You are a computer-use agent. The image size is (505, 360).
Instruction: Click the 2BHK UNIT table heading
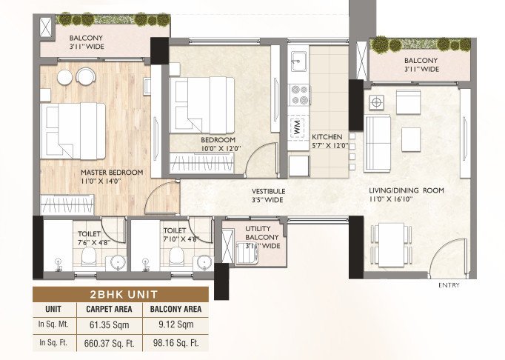[x=121, y=293]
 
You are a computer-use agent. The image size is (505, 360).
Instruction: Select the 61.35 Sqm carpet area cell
[x=109, y=325]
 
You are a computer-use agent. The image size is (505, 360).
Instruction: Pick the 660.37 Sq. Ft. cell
[x=109, y=342]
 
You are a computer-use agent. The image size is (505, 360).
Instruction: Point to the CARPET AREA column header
[x=109, y=309]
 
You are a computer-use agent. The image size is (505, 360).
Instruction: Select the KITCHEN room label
[x=326, y=138]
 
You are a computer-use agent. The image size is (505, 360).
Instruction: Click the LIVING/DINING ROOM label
[x=407, y=190]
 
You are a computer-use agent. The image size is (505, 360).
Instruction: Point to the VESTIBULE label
[x=268, y=190]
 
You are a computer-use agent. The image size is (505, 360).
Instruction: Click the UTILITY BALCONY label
[x=263, y=233]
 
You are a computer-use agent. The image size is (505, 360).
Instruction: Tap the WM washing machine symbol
[x=298, y=125]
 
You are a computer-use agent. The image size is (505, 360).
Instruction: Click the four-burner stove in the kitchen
[x=298, y=94]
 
